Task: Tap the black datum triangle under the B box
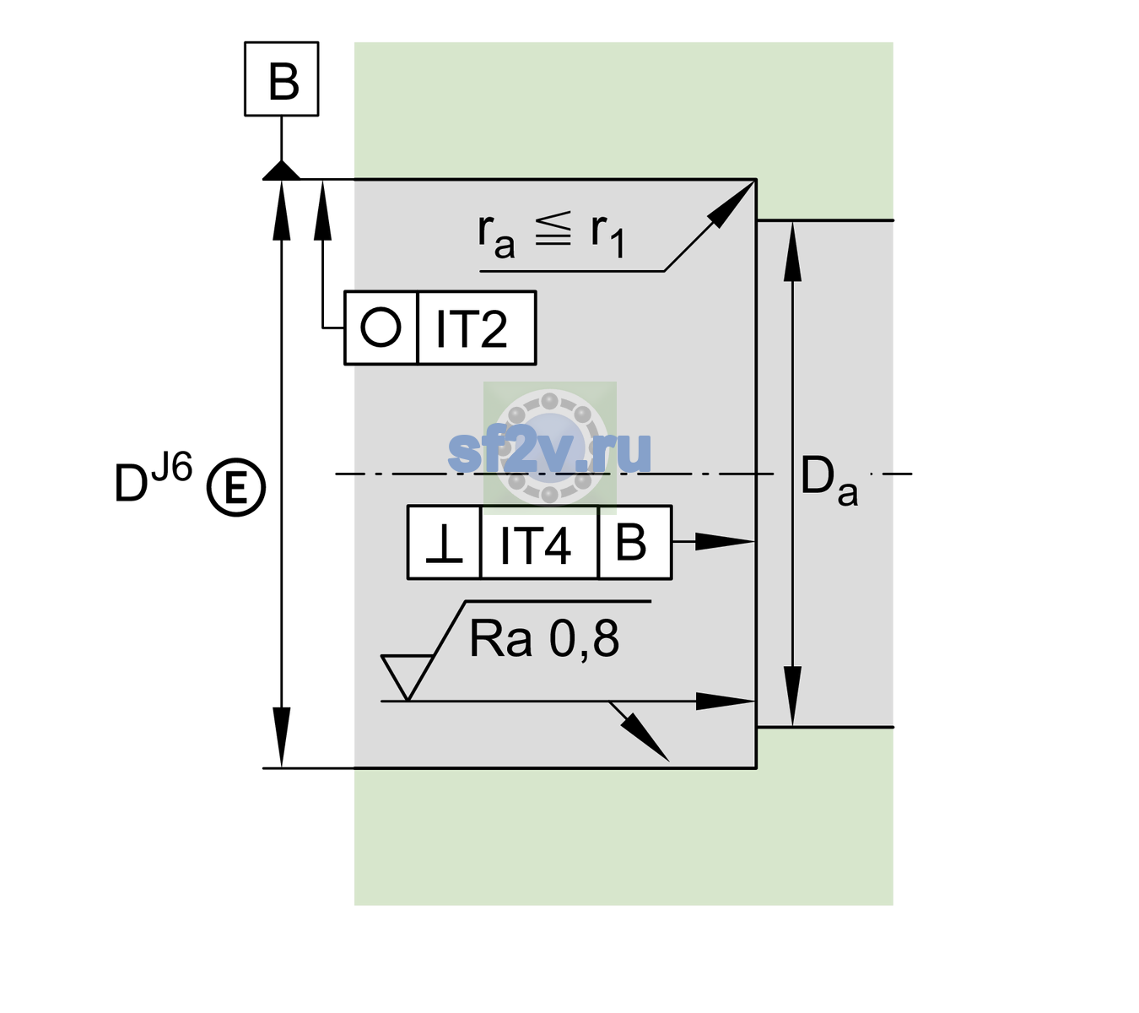point(281,171)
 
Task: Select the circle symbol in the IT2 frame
point(381,328)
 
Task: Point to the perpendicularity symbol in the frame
point(444,544)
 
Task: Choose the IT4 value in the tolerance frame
point(535,545)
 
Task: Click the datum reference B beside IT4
point(631,542)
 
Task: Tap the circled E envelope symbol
point(236,488)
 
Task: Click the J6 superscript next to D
point(172,467)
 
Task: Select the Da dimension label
point(829,479)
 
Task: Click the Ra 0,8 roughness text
point(543,638)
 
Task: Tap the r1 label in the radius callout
point(607,235)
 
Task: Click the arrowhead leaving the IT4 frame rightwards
point(725,542)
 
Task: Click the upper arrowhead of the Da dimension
point(793,252)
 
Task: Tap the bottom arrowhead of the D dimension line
point(281,738)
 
